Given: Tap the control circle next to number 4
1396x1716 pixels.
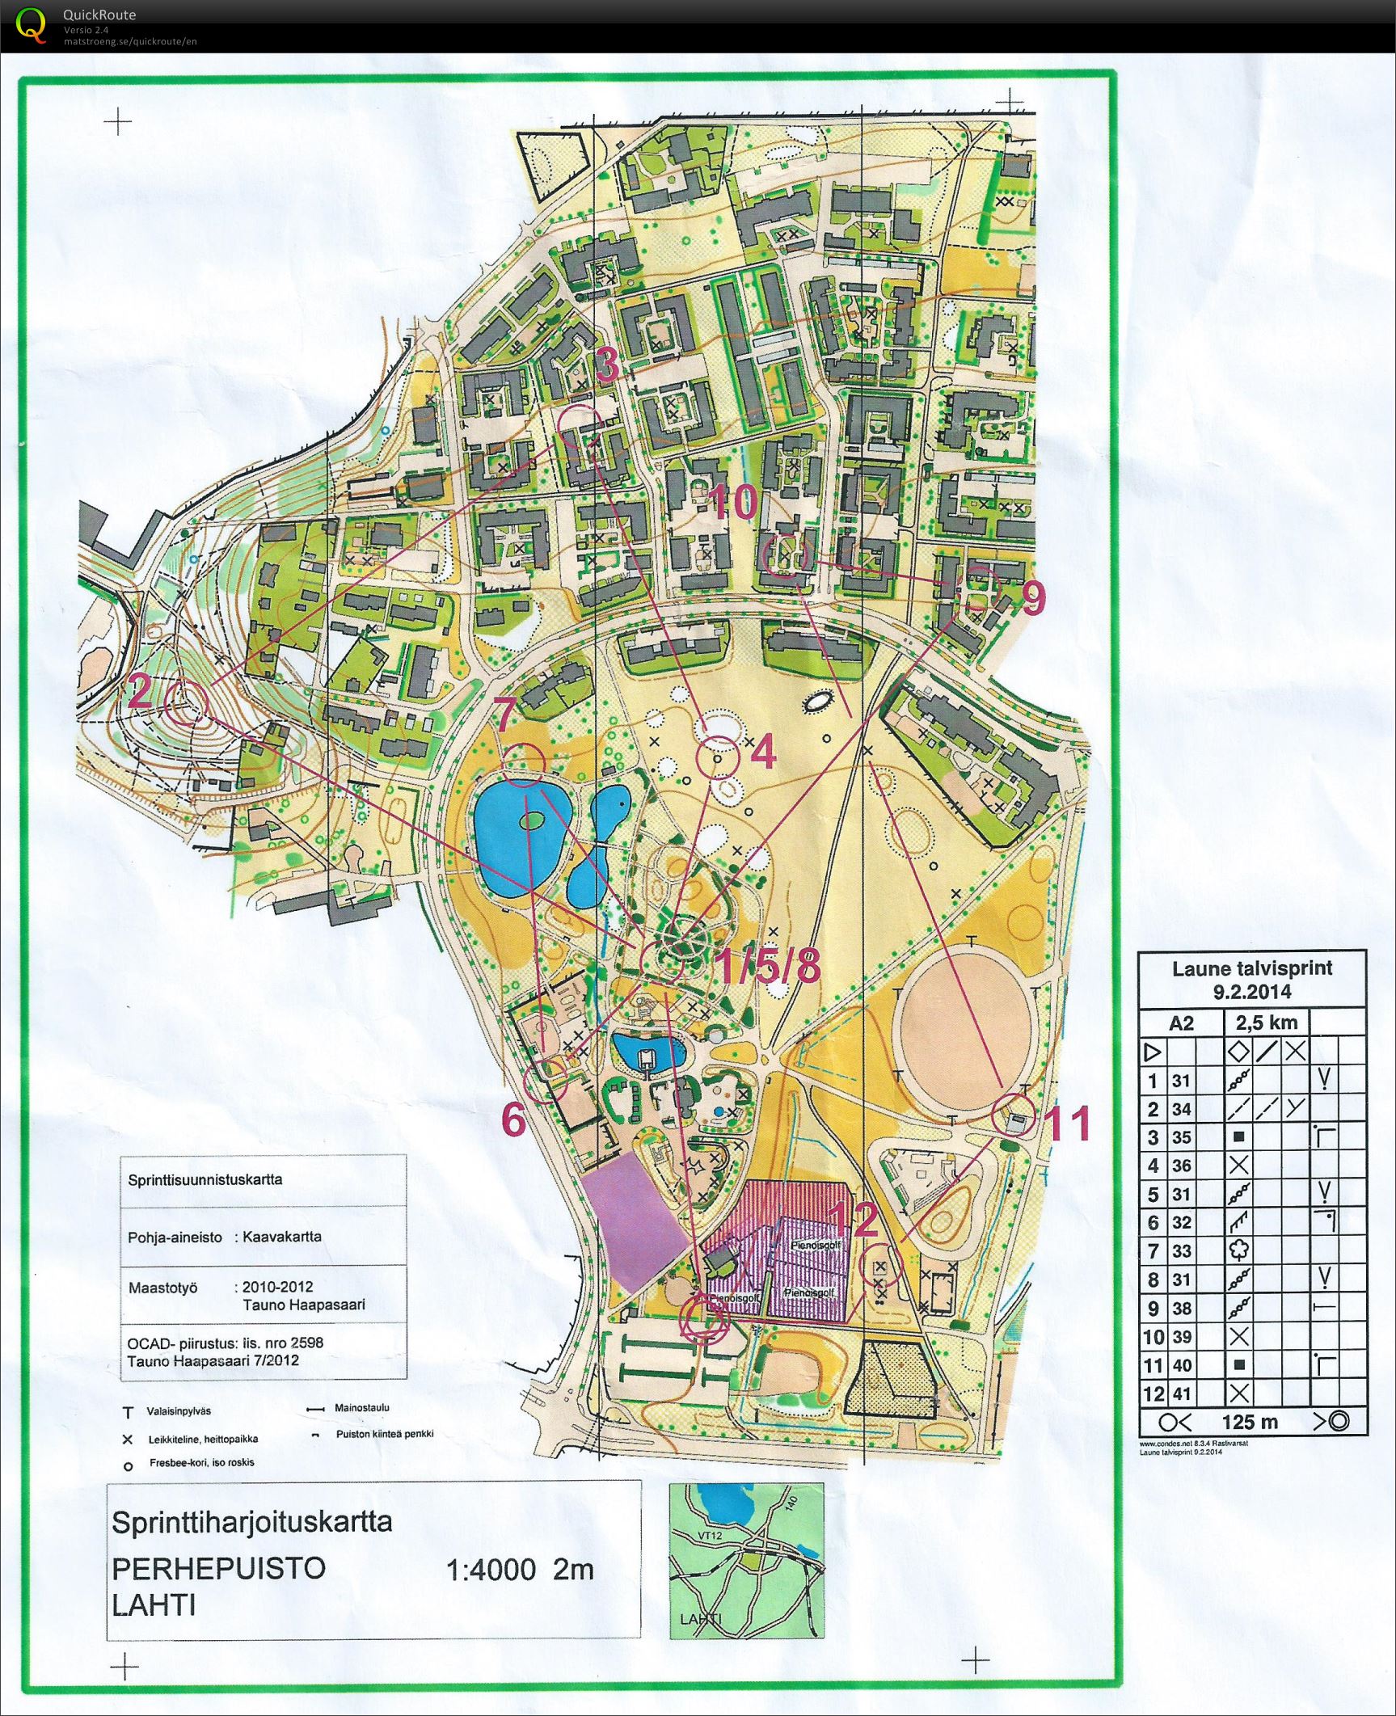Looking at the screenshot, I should pyautogui.click(x=718, y=758).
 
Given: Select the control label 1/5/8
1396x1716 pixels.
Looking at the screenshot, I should pyautogui.click(x=769, y=966).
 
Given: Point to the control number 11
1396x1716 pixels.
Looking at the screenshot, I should pyautogui.click(x=1069, y=1124).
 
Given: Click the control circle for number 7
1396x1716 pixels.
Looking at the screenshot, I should pyautogui.click(x=523, y=764).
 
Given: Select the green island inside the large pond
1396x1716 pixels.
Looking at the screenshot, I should pyautogui.click(x=532, y=821).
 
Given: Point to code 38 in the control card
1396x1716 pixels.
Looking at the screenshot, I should pyautogui.click(x=1181, y=1308).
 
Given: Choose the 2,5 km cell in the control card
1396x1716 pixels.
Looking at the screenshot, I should pyautogui.click(x=1266, y=1023).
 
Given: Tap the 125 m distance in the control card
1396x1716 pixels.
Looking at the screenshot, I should pyautogui.click(x=1250, y=1422).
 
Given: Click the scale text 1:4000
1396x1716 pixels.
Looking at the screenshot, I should pyautogui.click(x=491, y=1570).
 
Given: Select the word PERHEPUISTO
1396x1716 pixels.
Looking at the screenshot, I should pyautogui.click(x=218, y=1568).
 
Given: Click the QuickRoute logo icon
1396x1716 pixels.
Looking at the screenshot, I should pyautogui.click(x=31, y=24).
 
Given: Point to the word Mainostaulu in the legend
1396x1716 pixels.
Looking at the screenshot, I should pyautogui.click(x=362, y=1407).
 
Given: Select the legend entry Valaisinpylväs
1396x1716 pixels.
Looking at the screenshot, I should pyautogui.click(x=178, y=1411).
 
